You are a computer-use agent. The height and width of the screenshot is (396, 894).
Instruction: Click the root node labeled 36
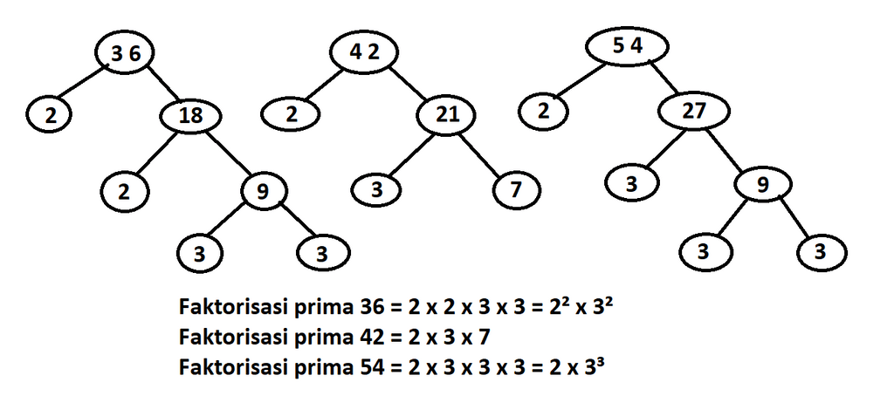[x=126, y=53]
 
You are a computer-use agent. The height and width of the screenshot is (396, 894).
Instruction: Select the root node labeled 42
[x=364, y=52]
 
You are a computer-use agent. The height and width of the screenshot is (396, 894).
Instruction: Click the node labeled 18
[x=190, y=116]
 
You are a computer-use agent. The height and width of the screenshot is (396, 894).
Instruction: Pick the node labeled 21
[x=447, y=116]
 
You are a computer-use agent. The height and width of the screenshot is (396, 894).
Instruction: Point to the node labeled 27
[x=694, y=112]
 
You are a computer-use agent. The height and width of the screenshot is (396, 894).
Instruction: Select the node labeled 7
[x=516, y=190]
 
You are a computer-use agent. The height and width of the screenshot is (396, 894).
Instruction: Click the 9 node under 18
[x=263, y=192]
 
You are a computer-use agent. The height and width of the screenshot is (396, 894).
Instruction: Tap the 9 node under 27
[x=763, y=186]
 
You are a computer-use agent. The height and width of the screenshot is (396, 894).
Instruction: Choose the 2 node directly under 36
[x=50, y=116]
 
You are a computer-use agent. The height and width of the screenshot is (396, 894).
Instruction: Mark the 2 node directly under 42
[x=290, y=115]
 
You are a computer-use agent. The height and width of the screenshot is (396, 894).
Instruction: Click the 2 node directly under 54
[x=543, y=111]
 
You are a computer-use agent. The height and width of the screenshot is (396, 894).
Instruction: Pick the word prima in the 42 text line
[x=325, y=338]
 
